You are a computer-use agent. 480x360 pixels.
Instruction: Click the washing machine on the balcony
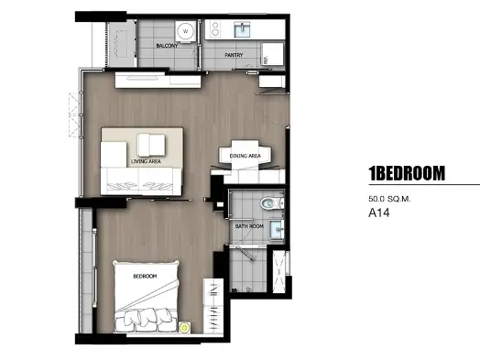click(185, 31)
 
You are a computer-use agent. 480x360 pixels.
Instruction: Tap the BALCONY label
click(167, 46)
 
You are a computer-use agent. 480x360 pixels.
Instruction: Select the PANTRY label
click(234, 55)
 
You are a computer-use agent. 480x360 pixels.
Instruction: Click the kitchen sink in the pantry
click(243, 29)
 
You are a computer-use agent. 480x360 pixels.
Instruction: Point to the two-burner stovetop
click(215, 28)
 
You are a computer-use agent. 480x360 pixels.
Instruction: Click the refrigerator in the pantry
click(272, 54)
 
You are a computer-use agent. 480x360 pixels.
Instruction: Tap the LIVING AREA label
click(146, 161)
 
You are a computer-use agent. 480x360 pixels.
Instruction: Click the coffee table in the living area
click(151, 145)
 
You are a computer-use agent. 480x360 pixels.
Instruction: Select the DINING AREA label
click(245, 156)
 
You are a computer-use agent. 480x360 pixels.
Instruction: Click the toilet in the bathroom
click(272, 202)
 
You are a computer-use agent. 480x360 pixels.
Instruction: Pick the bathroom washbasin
click(277, 230)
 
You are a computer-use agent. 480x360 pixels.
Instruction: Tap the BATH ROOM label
click(249, 226)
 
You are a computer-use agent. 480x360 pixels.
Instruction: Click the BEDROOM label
click(145, 276)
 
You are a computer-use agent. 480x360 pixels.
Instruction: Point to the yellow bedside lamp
click(184, 328)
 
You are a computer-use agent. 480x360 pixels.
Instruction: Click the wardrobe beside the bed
click(213, 306)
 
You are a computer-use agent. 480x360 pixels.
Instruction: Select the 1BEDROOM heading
click(407, 173)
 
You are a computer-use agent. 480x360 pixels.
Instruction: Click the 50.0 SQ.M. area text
click(389, 199)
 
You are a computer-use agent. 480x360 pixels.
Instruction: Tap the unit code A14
click(379, 213)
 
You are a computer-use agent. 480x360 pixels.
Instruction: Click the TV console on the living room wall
click(158, 81)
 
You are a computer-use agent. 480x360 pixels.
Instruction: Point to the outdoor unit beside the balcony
click(122, 43)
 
